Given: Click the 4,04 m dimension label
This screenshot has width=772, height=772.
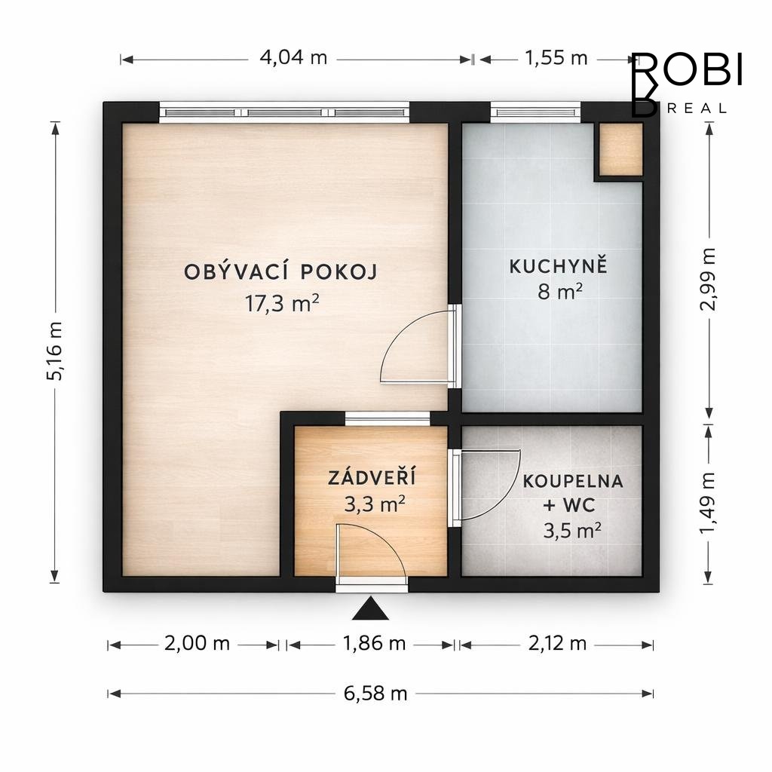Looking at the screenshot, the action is [293, 58].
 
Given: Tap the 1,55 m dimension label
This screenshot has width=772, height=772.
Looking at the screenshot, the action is [556, 58].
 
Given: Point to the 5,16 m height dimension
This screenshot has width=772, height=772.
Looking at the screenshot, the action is [54, 351].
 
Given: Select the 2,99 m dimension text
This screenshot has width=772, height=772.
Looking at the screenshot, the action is [708, 279].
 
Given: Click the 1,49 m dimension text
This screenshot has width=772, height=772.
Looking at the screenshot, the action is [708, 502].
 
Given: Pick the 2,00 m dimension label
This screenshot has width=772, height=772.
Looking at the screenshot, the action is [197, 644].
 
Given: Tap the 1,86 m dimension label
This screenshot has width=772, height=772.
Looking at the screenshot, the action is [374, 644].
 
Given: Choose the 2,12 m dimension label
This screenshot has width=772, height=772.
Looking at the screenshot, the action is [557, 644].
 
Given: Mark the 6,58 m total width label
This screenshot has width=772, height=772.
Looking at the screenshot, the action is [375, 694].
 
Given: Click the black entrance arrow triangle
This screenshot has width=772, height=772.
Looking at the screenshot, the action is [370, 609].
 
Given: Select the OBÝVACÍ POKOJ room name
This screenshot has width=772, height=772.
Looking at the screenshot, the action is [280, 271].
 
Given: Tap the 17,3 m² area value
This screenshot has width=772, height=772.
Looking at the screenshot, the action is [282, 303].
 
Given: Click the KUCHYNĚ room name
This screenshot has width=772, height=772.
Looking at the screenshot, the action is [559, 266].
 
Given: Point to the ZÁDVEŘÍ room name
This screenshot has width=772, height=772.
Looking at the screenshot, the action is [372, 477].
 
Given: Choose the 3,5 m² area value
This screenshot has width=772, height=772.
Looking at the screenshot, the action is [572, 531].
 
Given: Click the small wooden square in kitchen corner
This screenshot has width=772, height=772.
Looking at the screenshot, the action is [621, 149].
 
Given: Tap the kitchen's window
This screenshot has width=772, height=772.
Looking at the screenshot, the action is [536, 112].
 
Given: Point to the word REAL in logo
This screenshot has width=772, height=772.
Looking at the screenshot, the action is [697, 109].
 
